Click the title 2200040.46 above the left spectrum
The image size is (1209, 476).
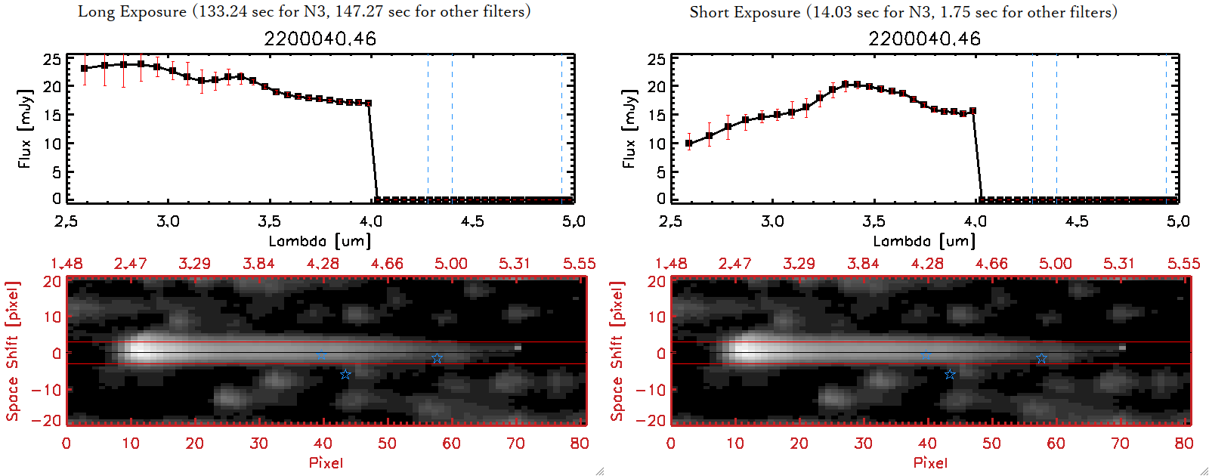pyautogui.click(x=320, y=39)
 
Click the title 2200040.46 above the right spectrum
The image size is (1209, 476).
pyautogui.click(x=924, y=39)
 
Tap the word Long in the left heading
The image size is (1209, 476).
pyautogui.click(x=95, y=12)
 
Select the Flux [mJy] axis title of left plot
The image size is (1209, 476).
pyautogui.click(x=25, y=128)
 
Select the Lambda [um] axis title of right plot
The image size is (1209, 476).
pyautogui.click(x=924, y=241)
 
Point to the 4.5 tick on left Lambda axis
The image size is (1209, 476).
pyautogui.click(x=472, y=221)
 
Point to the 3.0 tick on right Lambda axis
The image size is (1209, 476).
pyautogui.click(x=772, y=221)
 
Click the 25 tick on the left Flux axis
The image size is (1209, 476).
pyautogui.click(x=52, y=59)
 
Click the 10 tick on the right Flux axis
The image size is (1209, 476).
pyautogui.click(x=657, y=144)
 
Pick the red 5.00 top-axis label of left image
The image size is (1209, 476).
pyautogui.click(x=451, y=264)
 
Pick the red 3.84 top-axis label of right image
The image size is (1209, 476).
pyautogui.click(x=863, y=264)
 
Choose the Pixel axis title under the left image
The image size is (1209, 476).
pyautogui.click(x=326, y=462)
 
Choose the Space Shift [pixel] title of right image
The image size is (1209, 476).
pyautogui.click(x=617, y=351)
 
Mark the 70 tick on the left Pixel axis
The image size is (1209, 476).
pyautogui.click(x=516, y=444)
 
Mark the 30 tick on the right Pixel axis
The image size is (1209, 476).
pyautogui.click(x=863, y=444)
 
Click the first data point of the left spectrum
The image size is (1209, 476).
pyautogui.click(x=85, y=69)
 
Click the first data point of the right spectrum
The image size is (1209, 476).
pyautogui.click(x=688, y=143)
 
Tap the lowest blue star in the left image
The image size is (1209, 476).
pyautogui.click(x=345, y=375)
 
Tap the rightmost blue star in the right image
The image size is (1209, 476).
pyautogui.click(x=1041, y=359)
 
